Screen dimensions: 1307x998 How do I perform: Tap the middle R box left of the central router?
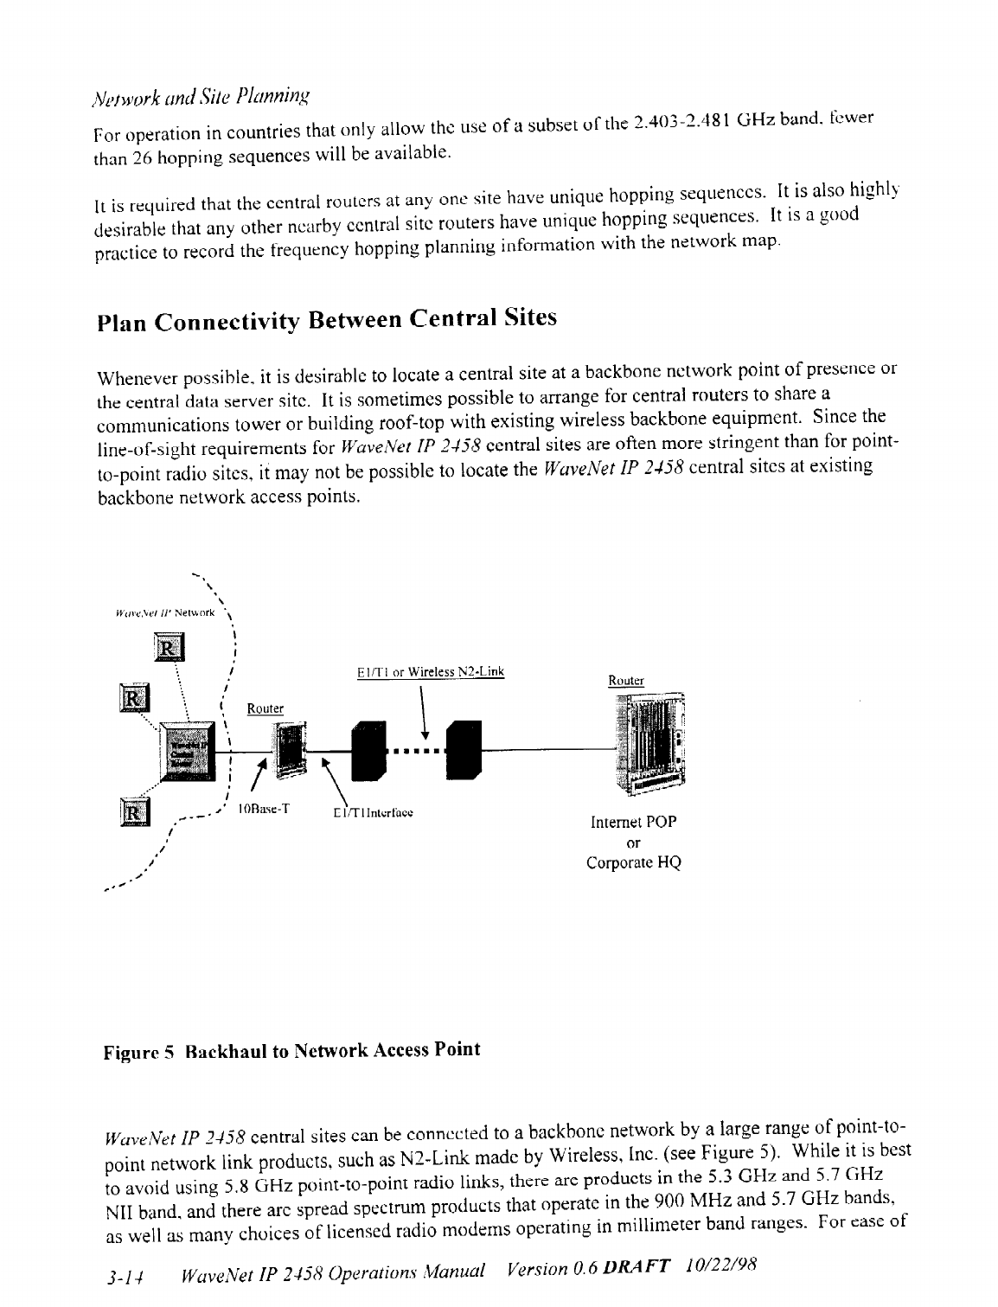tap(135, 696)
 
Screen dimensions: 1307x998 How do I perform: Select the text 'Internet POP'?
tap(633, 823)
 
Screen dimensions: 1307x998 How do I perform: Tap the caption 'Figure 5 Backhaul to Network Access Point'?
tap(291, 1051)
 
